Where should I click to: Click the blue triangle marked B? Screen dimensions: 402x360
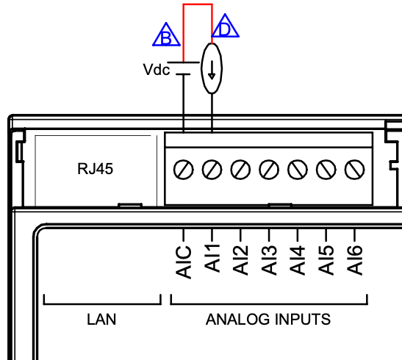pyautogui.click(x=166, y=44)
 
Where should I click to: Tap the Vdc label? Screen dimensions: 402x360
pyautogui.click(x=157, y=70)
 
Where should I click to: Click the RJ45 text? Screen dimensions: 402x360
pyautogui.click(x=95, y=169)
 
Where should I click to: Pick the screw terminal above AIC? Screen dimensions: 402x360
pyautogui.click(x=183, y=170)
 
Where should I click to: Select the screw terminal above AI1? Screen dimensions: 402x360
pyautogui.click(x=212, y=170)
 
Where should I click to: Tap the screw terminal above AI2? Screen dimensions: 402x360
pyautogui.click(x=240, y=170)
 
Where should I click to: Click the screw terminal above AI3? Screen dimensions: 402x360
pyautogui.click(x=269, y=170)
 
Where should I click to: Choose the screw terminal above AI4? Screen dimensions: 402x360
pyautogui.click(x=298, y=170)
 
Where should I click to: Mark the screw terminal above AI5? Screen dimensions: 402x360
pyautogui.click(x=326, y=170)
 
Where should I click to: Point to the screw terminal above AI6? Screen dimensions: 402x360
pyautogui.click(x=354, y=170)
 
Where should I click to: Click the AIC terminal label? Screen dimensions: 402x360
pyautogui.click(x=184, y=262)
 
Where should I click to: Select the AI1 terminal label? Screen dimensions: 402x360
pyautogui.click(x=212, y=258)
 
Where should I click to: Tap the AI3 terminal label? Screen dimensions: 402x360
pyautogui.click(x=269, y=260)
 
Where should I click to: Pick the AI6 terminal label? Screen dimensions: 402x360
pyautogui.click(x=354, y=260)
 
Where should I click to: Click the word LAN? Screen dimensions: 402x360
pyautogui.click(x=101, y=320)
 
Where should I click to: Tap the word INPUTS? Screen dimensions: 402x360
pyautogui.click(x=303, y=320)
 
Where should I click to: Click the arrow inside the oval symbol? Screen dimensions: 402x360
pyautogui.click(x=212, y=70)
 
